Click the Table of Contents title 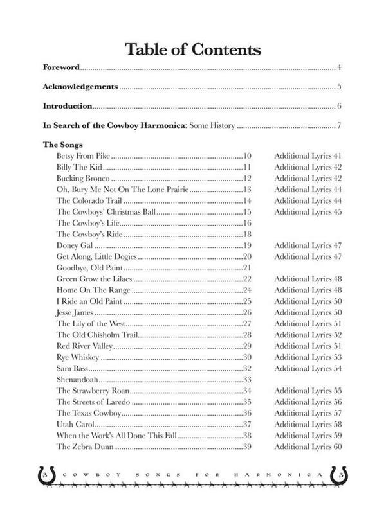click(192, 49)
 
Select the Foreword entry click(60, 67)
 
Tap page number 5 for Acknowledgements click(338, 87)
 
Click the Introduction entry click(68, 106)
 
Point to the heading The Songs click(62, 145)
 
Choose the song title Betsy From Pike click(84, 156)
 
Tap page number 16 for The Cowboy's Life click(246, 222)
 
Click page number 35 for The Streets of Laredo click(246, 402)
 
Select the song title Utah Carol click(75, 424)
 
